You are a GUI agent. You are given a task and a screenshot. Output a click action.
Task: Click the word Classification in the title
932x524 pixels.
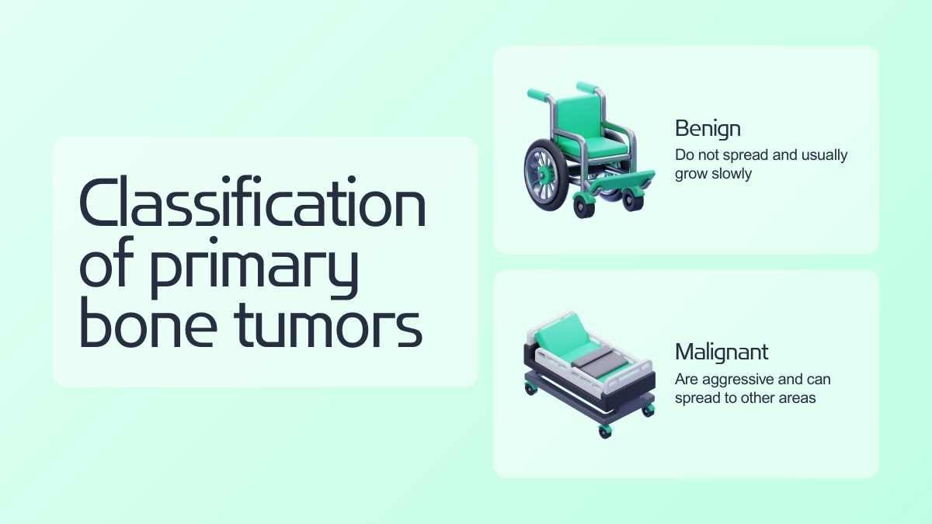pyautogui.click(x=252, y=201)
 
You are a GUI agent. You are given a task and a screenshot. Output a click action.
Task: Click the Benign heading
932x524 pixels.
pyautogui.click(x=708, y=130)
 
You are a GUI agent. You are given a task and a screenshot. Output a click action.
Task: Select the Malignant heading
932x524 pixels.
pyautogui.click(x=722, y=352)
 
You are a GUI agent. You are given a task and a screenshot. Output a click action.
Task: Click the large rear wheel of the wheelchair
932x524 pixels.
pyautogui.click(x=546, y=175)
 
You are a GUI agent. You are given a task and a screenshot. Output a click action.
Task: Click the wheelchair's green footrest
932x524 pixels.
pyautogui.click(x=620, y=182)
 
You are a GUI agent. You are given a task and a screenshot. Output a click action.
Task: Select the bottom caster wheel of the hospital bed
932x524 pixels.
pyautogui.click(x=605, y=432)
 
